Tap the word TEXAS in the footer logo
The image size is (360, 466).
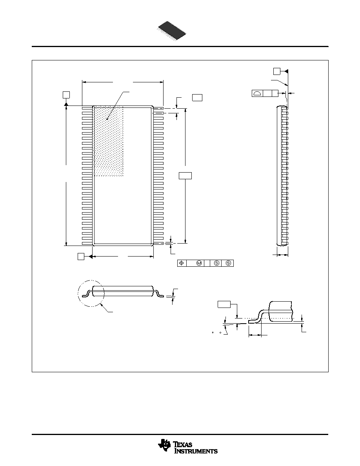183,445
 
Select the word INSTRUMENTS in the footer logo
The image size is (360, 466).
196,451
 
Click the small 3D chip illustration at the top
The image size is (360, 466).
172,30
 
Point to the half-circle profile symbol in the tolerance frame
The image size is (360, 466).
257,93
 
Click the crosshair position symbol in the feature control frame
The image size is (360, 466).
182,263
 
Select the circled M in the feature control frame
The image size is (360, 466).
199,263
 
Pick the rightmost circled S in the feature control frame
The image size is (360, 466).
228,263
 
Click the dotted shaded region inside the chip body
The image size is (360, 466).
108,141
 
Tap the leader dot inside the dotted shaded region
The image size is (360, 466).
107,119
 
